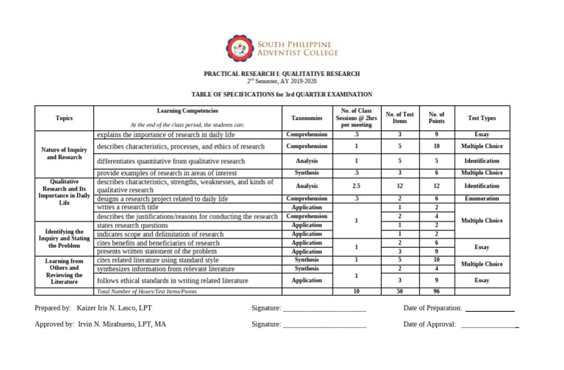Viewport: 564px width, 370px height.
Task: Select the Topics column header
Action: (64, 118)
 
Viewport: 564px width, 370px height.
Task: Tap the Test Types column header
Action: (482, 118)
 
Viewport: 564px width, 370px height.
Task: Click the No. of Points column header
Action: (437, 118)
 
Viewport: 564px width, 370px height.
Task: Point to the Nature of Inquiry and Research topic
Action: (64, 153)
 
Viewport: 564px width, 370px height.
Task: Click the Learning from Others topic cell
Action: (64, 271)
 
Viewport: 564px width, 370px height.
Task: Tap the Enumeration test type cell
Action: (482, 199)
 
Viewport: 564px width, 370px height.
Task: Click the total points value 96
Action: (437, 291)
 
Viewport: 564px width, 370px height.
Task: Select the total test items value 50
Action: (399, 291)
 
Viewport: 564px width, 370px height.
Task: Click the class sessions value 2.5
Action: (356, 186)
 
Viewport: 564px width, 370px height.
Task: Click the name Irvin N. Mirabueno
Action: (122, 324)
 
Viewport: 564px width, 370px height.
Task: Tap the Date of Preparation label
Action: (433, 308)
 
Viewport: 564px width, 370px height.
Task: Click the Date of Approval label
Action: (430, 324)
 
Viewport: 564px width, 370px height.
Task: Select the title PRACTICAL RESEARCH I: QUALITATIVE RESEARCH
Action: (282, 74)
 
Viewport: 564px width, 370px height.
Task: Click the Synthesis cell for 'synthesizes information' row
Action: (307, 268)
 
